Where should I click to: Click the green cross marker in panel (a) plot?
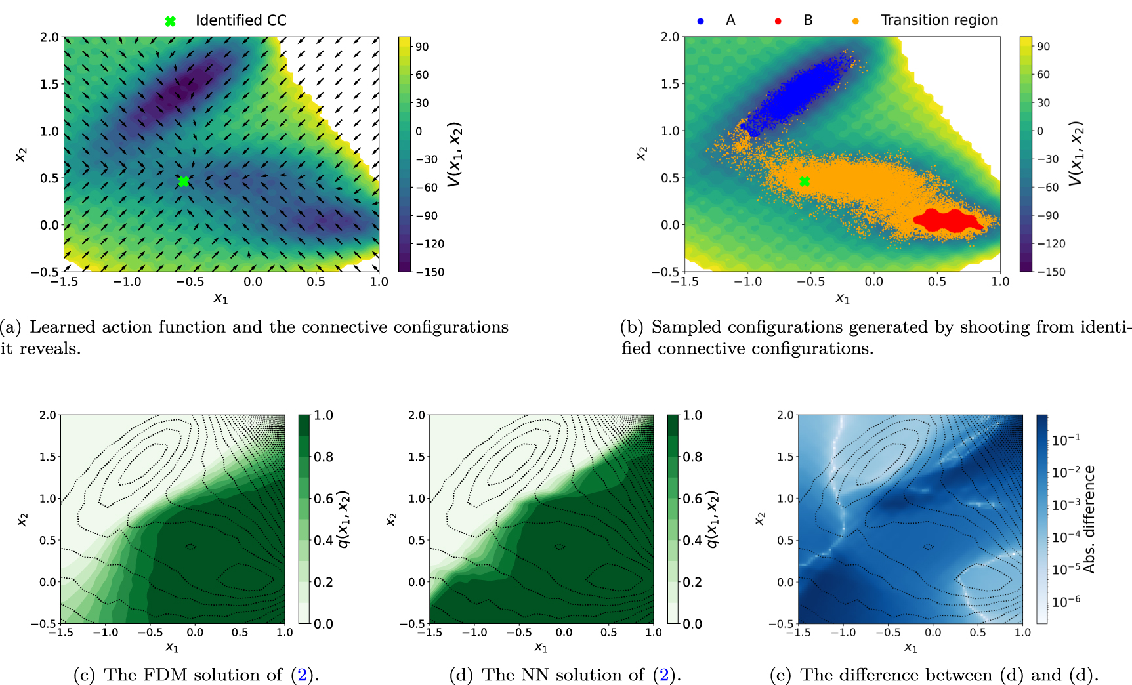point(184,182)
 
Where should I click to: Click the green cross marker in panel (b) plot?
point(805,182)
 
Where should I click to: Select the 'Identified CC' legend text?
point(241,20)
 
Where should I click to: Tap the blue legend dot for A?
point(700,21)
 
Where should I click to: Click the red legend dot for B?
point(778,21)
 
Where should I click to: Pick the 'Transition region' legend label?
point(939,20)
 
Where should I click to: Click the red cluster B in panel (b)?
point(948,221)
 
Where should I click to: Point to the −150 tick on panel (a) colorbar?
point(430,272)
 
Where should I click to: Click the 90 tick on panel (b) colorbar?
point(1043,47)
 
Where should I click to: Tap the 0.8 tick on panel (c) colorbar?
point(323,457)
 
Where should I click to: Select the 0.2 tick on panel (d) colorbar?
point(692,582)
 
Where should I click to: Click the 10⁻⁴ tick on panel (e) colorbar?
point(1066,537)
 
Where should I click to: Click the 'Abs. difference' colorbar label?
point(1089,519)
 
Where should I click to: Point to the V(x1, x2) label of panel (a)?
point(455,154)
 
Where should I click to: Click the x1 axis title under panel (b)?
point(843,299)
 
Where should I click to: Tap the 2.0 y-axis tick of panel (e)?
point(785,415)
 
